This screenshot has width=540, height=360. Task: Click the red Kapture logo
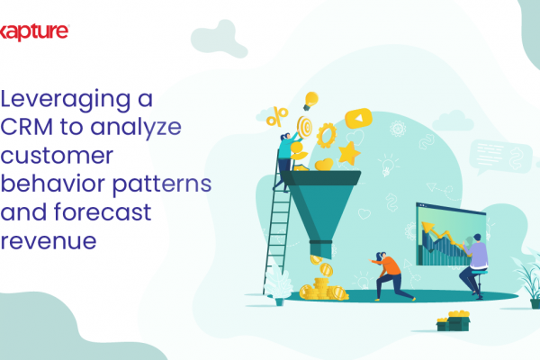34,32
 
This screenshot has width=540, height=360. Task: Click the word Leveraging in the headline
66,100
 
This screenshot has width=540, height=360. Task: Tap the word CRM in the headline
27,127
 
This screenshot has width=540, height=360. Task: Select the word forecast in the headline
103,211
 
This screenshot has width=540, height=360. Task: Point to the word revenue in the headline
49,241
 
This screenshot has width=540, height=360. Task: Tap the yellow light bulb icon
310,101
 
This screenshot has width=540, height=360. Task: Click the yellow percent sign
277,116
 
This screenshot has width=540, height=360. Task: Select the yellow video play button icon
358,118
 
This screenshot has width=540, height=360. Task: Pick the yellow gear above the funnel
326,136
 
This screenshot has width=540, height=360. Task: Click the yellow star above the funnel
349,153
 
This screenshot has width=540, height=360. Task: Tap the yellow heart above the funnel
324,165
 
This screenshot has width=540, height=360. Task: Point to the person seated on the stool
474,264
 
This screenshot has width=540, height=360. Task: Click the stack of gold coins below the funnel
323,289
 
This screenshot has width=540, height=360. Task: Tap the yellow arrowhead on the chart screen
427,228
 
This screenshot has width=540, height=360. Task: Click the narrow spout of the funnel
320,249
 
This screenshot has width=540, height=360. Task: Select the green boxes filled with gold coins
454,320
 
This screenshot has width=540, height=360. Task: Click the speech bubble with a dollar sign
500,157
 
